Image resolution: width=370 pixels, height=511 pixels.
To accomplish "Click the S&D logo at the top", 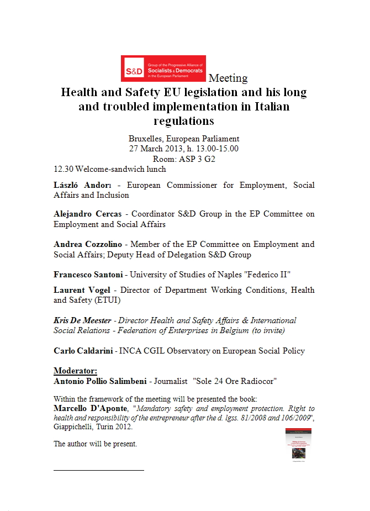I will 163,69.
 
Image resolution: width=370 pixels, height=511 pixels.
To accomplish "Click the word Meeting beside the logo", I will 228,78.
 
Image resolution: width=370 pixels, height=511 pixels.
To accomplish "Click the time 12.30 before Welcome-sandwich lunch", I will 64,170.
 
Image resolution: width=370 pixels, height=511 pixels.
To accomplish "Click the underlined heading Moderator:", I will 75,371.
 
